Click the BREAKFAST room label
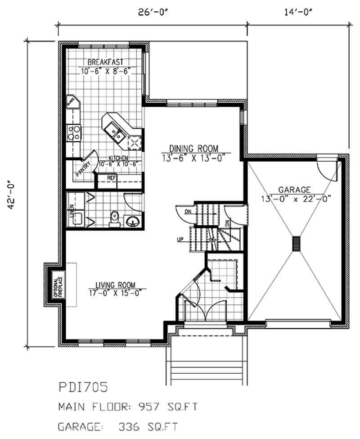click(x=105, y=62)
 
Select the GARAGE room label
click(x=296, y=190)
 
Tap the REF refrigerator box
click(x=112, y=178)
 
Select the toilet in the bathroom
click(x=114, y=218)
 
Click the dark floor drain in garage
click(x=296, y=244)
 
